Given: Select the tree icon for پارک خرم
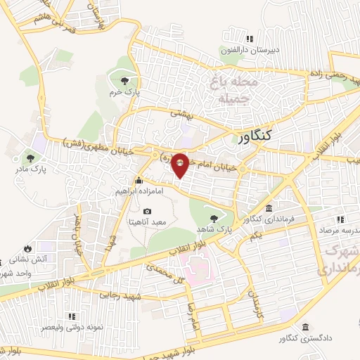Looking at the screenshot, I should pyautogui.click(x=125, y=79).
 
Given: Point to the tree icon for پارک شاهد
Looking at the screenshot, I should pyautogui.click(x=214, y=219).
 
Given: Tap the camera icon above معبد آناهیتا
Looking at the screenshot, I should pyautogui.click(x=147, y=211).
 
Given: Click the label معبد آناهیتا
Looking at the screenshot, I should pyautogui.click(x=147, y=222).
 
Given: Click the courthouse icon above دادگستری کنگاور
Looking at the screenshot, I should pyautogui.click(x=305, y=328).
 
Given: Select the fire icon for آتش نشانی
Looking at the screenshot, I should pyautogui.click(x=27, y=248).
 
